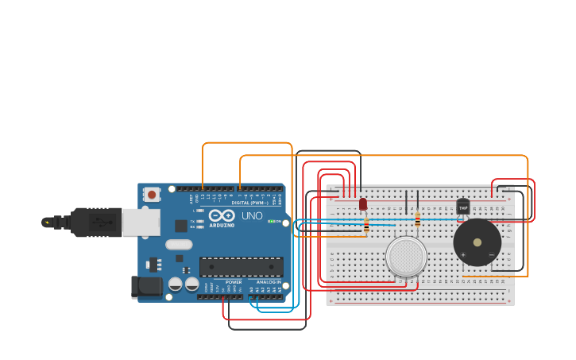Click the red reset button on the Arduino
pyautogui.click(x=151, y=194)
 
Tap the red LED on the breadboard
pyautogui.click(x=363, y=204)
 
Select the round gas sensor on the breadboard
pyautogui.click(x=406, y=257)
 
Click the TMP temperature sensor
pyautogui.click(x=463, y=207)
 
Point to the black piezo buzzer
pyautogui.click(x=477, y=242)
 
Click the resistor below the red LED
pyautogui.click(x=366, y=224)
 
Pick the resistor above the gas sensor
pyautogui.click(x=417, y=219)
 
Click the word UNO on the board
pyautogui.click(x=252, y=216)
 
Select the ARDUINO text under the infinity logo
pyautogui.click(x=222, y=225)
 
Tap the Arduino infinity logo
pyautogui.click(x=222, y=215)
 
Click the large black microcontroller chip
pyautogui.click(x=241, y=267)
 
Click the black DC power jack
pyautogui.click(x=145, y=286)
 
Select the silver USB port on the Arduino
pyautogui.click(x=141, y=223)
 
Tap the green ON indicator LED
pyautogui.click(x=271, y=221)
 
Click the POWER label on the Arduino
pyautogui.click(x=234, y=282)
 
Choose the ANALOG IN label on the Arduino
pyautogui.click(x=268, y=282)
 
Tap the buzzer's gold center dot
pyautogui.click(x=477, y=242)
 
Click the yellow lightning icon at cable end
pyautogui.click(x=47, y=222)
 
